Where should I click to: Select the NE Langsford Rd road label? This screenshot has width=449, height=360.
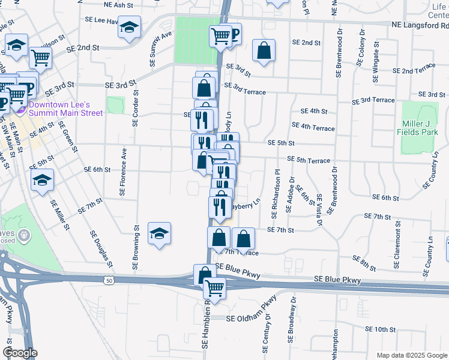(419, 26)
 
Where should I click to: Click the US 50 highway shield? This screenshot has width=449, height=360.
(109, 280)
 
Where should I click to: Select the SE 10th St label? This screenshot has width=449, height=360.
(380, 329)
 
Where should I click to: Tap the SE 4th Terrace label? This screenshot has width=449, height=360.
(313, 127)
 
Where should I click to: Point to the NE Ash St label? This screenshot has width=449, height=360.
(118, 5)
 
